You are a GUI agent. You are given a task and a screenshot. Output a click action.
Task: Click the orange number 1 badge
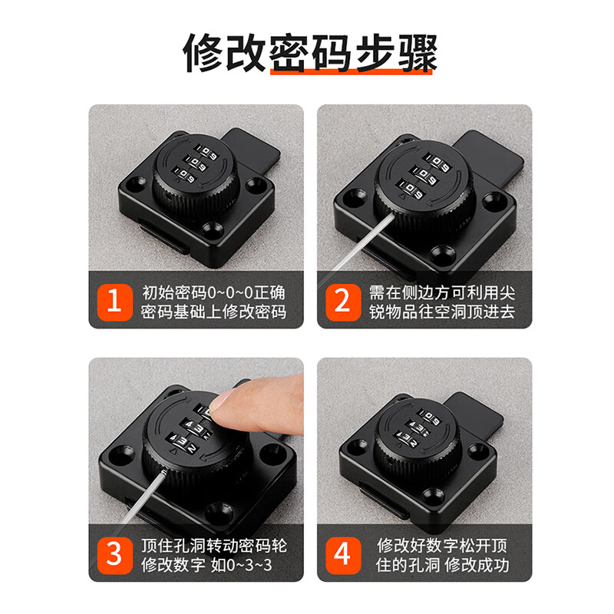[x=114, y=302]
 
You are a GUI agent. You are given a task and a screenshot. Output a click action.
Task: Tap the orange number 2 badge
[x=343, y=302]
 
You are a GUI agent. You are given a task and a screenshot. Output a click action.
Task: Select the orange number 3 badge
[x=114, y=555]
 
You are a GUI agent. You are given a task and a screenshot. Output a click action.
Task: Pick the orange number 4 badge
[x=343, y=555]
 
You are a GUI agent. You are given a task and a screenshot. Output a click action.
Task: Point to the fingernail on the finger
[x=220, y=401]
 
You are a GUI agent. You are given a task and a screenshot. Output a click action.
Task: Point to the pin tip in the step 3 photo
[x=164, y=471]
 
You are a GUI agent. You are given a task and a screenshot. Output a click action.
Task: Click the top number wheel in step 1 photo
[x=206, y=152]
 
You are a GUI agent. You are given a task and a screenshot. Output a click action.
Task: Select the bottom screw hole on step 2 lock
[x=442, y=253]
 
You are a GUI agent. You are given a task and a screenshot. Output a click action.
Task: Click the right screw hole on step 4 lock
[x=477, y=448]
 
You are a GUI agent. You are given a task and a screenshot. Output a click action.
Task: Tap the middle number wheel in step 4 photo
[x=419, y=427]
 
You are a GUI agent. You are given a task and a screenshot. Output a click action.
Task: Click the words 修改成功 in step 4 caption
[x=477, y=565]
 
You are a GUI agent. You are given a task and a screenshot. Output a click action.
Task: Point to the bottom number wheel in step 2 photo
[x=411, y=189]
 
